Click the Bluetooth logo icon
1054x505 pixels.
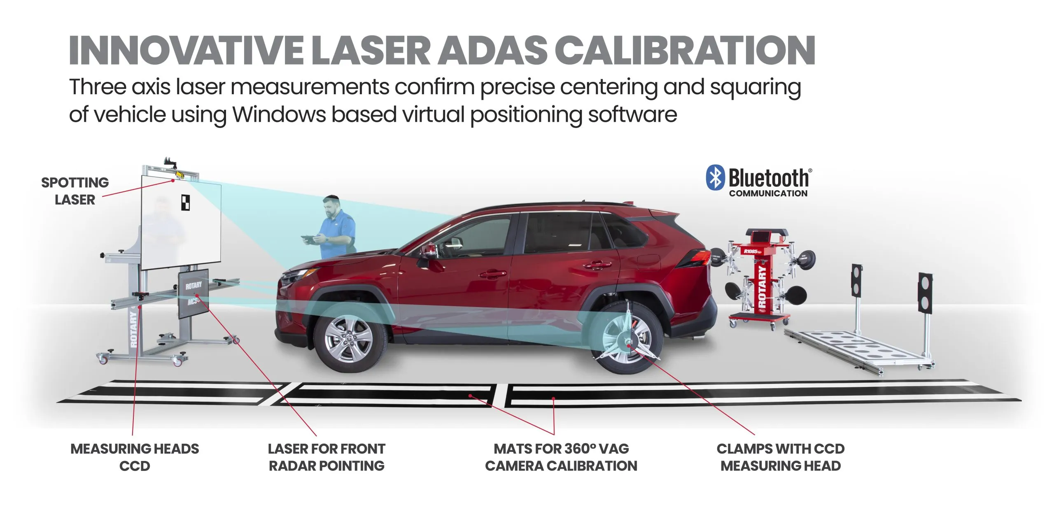715,178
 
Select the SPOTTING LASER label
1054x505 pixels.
75,191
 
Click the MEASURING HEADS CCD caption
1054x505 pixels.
135,457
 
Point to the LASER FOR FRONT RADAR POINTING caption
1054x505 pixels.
326,457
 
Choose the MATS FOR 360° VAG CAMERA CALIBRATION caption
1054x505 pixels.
561,457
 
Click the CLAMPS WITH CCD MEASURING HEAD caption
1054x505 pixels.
781,457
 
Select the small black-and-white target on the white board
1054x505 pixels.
186,203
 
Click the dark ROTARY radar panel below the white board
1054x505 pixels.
194,293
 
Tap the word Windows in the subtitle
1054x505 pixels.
279,114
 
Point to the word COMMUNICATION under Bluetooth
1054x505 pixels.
768,193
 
